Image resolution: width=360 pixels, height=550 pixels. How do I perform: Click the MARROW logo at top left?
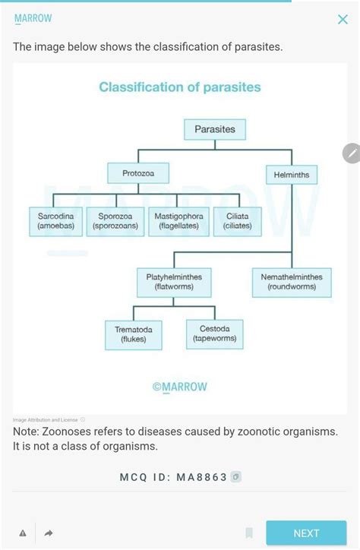click(x=33, y=17)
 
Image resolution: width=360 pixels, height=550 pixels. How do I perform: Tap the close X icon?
click(x=343, y=20)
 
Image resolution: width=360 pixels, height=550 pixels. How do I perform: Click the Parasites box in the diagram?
click(x=215, y=129)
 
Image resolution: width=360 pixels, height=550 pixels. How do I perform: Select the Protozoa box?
click(x=137, y=174)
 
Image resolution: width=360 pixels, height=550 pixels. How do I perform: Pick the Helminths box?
click(x=292, y=175)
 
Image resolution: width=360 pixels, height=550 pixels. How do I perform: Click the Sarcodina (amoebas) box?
click(x=55, y=221)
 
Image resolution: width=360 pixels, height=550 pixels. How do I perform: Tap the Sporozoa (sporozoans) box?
click(x=115, y=221)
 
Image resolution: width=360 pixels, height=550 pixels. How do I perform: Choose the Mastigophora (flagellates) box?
click(x=178, y=221)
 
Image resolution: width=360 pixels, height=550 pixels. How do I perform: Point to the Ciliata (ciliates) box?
click(x=238, y=221)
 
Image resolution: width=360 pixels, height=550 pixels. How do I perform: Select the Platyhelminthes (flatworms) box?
click(x=174, y=282)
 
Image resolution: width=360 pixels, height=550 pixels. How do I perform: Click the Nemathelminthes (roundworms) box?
click(x=292, y=282)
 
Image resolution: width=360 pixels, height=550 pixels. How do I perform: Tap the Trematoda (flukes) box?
click(x=134, y=334)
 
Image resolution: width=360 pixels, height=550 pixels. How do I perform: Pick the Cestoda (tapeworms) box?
click(x=215, y=333)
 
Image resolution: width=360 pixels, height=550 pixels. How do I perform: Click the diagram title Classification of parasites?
click(x=180, y=87)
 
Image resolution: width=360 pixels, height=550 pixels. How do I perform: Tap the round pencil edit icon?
click(x=351, y=153)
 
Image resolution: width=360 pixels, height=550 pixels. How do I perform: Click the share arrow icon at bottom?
click(x=49, y=533)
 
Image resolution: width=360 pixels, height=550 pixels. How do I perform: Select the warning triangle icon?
click(x=23, y=533)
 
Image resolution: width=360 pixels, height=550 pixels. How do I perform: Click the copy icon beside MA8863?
click(x=237, y=477)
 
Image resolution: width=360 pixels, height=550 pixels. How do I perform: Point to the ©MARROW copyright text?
click(x=180, y=387)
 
